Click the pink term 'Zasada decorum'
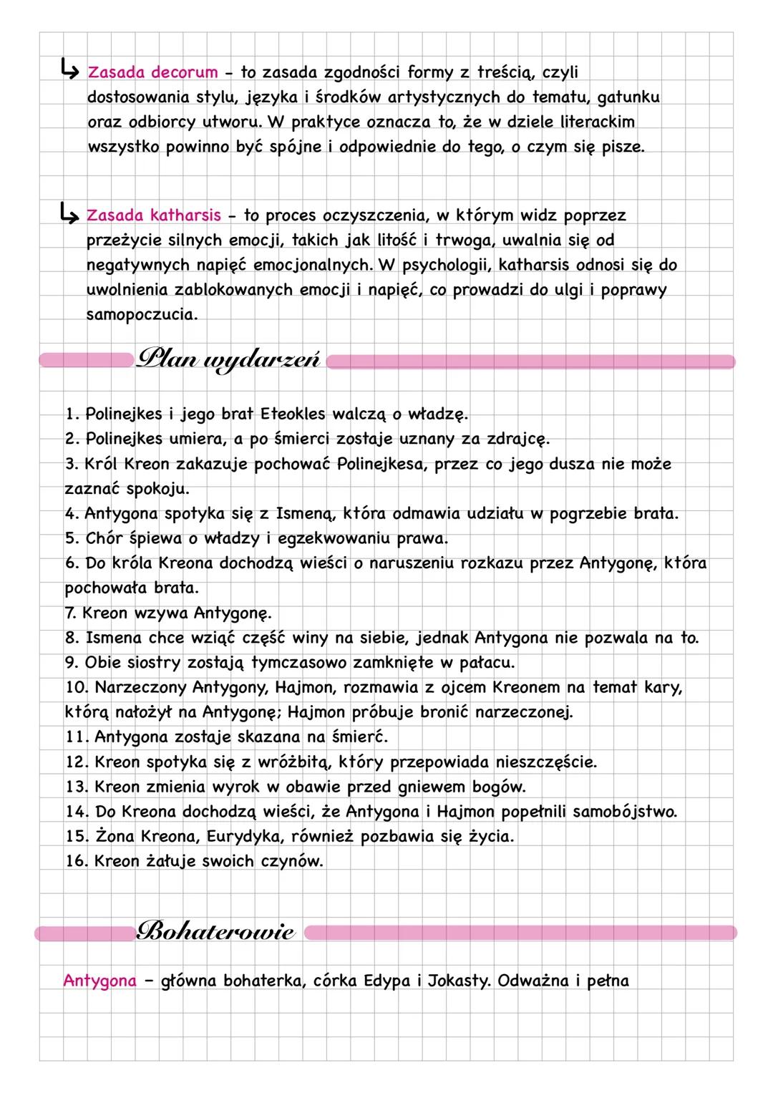152,72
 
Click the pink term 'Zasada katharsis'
153,215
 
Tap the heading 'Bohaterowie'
215,932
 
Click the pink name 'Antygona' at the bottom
99,981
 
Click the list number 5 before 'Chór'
72,538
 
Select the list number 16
76,861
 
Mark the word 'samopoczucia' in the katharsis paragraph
141,315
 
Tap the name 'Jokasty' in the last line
459,981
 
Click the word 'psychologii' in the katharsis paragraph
444,266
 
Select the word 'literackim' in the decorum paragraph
592,122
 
